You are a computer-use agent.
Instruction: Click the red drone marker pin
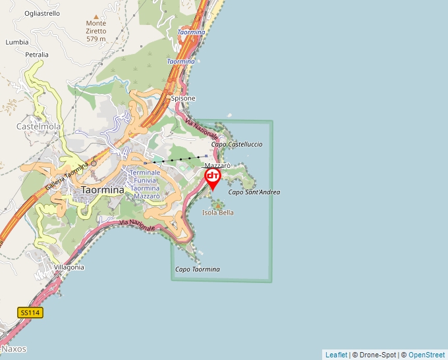point(213,178)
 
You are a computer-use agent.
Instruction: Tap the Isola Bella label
point(218,213)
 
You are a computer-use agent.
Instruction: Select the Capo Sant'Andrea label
point(254,192)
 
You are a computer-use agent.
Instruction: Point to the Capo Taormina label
point(198,269)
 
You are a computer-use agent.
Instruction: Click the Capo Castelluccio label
point(237,144)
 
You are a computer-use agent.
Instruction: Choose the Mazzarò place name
point(217,165)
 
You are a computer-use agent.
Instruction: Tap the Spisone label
point(183,98)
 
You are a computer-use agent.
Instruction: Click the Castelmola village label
point(34,125)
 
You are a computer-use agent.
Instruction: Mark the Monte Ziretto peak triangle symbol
point(96,16)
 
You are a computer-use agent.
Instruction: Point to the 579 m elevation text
point(96,39)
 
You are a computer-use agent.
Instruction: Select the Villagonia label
point(69,267)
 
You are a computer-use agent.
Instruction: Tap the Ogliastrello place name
point(42,13)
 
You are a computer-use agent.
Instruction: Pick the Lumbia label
point(17,41)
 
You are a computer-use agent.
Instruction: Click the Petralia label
point(37,55)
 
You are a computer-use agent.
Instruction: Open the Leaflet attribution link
point(336,355)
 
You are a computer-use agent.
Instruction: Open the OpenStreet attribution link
point(426,355)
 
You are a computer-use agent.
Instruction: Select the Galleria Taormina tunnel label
point(66,176)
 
